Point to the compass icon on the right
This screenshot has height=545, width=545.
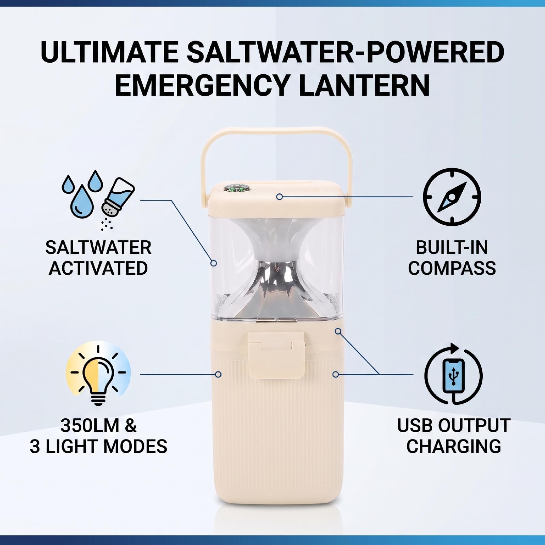[x=452, y=197]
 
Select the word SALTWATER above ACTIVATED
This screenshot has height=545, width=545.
[x=98, y=247]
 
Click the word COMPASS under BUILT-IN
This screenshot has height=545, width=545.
[x=452, y=268]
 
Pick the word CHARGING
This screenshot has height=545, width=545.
[x=453, y=446]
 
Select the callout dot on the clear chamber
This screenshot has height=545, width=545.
[x=214, y=263]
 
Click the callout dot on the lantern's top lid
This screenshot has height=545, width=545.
[x=279, y=196]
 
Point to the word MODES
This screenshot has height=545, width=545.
[x=140, y=446]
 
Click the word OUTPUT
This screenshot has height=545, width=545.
[x=474, y=426]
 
